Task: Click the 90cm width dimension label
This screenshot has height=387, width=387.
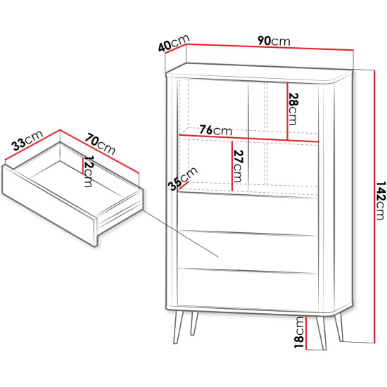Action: click(x=274, y=41)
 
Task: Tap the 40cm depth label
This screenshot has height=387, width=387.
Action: click(x=174, y=43)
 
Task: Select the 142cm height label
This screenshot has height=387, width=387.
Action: click(x=381, y=201)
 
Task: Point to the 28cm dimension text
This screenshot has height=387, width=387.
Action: click(x=293, y=109)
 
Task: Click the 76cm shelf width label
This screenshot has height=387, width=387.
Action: click(x=215, y=130)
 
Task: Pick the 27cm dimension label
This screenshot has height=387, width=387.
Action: click(x=238, y=166)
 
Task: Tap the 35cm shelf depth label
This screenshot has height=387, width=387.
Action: click(x=183, y=179)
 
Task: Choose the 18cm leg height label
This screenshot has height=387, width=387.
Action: click(x=299, y=332)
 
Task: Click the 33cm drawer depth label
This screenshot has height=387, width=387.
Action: click(x=27, y=140)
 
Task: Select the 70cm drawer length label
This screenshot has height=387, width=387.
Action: click(x=100, y=144)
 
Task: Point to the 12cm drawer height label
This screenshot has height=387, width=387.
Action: click(x=88, y=171)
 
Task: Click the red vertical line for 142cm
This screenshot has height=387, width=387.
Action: click(x=374, y=206)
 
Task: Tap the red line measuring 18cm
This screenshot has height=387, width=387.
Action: click(x=306, y=333)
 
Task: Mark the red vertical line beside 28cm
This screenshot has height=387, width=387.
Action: click(x=288, y=111)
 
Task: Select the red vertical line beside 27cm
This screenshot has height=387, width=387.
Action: click(x=232, y=166)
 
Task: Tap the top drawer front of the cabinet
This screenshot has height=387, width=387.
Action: click(x=247, y=213)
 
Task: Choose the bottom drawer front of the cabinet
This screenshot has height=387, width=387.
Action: click(x=248, y=289)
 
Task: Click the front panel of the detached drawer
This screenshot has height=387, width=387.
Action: click(x=49, y=205)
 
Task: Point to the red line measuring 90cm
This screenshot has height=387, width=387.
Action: click(x=269, y=47)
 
